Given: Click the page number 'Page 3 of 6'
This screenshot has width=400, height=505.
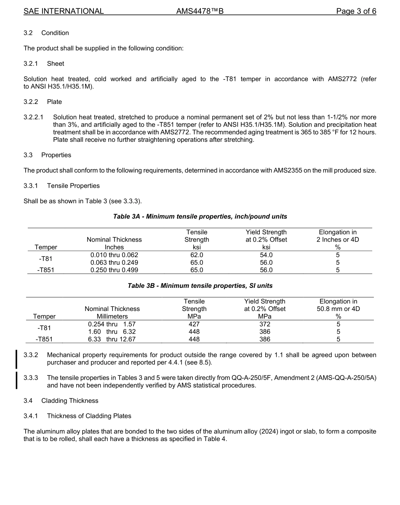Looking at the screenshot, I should point(356,11).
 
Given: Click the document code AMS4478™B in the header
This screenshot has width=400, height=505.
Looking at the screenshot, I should point(200,11).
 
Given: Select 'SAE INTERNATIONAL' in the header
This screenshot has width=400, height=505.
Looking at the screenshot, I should point(64,11).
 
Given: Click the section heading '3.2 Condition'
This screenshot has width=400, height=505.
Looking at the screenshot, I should point(46,33).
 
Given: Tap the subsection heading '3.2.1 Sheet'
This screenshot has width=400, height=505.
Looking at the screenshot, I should point(44,64).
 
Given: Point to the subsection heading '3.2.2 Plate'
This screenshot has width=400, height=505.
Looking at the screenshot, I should point(43,102).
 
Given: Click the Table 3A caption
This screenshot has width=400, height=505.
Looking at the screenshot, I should point(200,216).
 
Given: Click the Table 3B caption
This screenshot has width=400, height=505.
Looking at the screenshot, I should point(200,286).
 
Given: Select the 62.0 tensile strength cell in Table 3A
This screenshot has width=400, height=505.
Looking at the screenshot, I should point(197,255).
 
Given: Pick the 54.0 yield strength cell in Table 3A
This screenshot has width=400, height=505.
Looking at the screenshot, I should point(266,255).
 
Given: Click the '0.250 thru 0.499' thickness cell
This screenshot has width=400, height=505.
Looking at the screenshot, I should point(114,270).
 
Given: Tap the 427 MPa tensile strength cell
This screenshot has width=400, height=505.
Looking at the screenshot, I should point(194,324).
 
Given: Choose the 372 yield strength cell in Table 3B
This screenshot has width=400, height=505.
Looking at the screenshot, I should point(264,324).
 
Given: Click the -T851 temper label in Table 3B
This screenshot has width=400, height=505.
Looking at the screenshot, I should point(44,340).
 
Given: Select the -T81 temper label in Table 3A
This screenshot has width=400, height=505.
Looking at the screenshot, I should point(46,259).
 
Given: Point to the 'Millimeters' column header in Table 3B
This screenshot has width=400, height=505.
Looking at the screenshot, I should point(112,316).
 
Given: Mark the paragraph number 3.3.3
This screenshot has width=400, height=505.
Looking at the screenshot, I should point(31,377).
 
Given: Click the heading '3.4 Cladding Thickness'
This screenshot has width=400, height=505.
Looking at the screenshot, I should point(61,401).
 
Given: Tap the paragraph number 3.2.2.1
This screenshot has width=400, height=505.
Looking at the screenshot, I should point(34,117).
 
